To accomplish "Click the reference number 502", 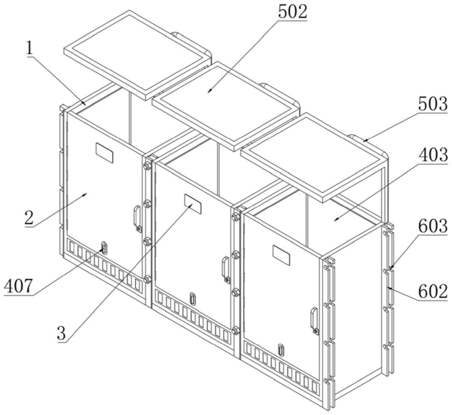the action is tap(292, 12).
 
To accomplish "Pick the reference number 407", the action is tap(18, 286).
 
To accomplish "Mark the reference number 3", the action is tap(61, 333).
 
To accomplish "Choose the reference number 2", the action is tap(29, 218).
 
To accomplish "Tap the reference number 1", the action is tap(30, 48).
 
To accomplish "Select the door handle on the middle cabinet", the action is tap(225, 267).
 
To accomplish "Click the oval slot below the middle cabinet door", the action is tap(192, 298).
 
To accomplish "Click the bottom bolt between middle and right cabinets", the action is tap(235, 330).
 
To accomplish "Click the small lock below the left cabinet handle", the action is tap(139, 229).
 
